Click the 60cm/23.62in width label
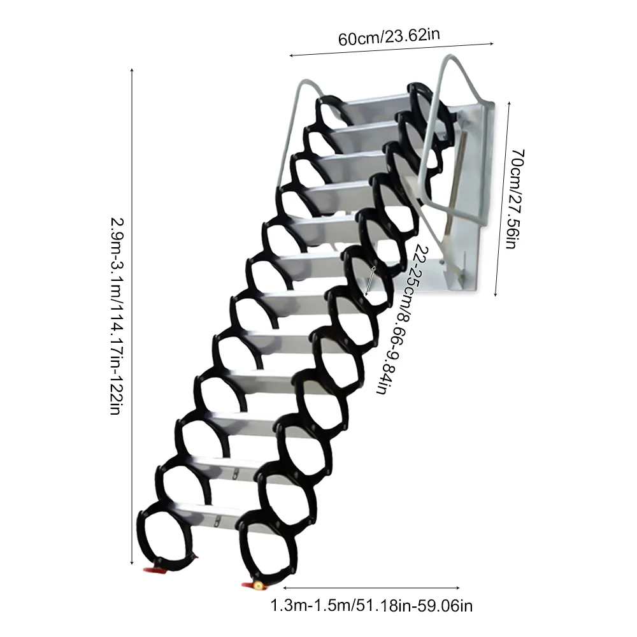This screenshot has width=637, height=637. pos(389,36)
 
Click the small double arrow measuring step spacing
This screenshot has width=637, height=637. pos(371,280)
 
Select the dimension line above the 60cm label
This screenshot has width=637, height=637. pos(392,50)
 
